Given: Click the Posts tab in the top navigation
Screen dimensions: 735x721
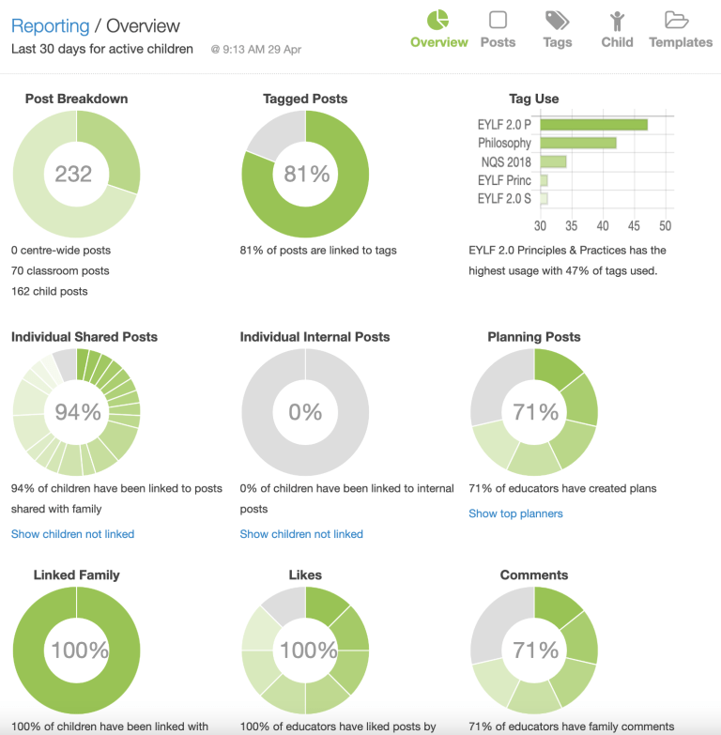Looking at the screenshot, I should [498, 29].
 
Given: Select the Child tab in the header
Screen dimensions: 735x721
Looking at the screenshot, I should [617, 29].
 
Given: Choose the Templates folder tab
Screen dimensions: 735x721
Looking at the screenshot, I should [680, 29].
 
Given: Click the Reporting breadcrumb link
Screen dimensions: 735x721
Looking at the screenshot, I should [50, 26].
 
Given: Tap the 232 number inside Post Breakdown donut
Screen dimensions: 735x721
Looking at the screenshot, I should [73, 174].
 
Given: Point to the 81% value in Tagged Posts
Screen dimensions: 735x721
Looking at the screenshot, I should [306, 174].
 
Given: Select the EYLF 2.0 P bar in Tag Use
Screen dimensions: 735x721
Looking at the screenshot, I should [593, 124].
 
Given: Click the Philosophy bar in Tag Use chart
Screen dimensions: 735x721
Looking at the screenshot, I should [577, 143].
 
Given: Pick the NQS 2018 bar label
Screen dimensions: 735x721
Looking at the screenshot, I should [505, 161].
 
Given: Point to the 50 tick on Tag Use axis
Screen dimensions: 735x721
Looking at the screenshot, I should [665, 226].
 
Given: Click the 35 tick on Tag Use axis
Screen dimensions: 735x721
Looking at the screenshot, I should [571, 226].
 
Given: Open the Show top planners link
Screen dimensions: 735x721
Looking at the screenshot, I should [515, 513].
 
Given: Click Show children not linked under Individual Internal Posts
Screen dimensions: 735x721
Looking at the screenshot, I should [301, 534].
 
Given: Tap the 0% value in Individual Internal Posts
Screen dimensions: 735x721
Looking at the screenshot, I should [306, 412].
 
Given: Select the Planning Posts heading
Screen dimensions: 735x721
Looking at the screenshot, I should [533, 337].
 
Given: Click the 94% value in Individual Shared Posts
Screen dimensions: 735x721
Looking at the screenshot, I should [77, 412].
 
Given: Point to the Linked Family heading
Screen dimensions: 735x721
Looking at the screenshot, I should [76, 574].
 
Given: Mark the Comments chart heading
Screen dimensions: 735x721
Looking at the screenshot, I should [533, 574].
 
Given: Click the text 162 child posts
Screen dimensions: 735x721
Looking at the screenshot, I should [49, 291].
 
